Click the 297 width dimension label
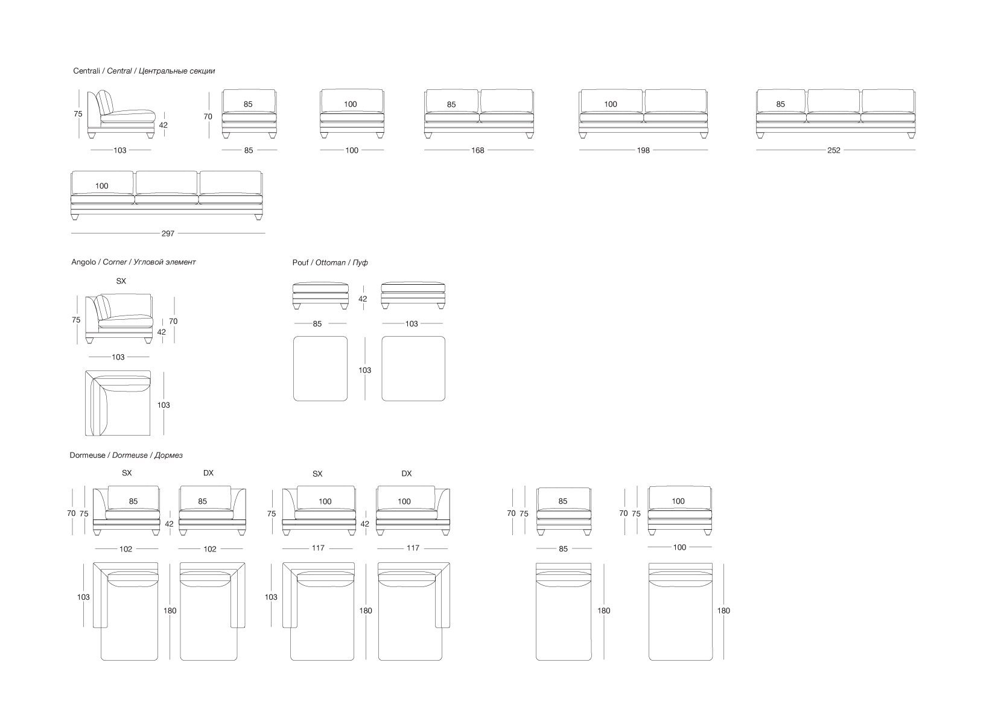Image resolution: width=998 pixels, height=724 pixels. coord(168,233)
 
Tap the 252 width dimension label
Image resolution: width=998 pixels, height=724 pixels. coord(833,151)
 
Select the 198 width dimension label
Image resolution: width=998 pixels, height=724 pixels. coord(643,151)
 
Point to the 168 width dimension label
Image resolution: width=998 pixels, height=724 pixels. coord(477,151)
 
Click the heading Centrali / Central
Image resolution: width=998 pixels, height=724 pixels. coord(144,71)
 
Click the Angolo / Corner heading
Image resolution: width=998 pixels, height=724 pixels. coord(133,262)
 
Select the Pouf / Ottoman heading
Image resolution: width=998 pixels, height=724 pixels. coord(329,263)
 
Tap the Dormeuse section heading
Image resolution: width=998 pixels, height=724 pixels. coord(126,456)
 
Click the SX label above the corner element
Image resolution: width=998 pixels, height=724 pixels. coord(121,281)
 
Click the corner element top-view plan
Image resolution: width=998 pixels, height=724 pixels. coord(118,403)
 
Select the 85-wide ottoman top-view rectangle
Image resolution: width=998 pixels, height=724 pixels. coord(320,369)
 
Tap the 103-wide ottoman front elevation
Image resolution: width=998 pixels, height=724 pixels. coord(413,294)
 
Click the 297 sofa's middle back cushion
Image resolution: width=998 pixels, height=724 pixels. coord(167,183)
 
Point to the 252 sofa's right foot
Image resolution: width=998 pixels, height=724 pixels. coord(909,135)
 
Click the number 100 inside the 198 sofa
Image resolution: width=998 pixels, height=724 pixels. coord(611,104)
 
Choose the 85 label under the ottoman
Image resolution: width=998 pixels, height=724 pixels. coord(317,324)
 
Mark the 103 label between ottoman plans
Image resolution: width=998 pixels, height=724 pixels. coord(364,370)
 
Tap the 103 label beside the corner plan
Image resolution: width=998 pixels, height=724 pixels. coord(164,405)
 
